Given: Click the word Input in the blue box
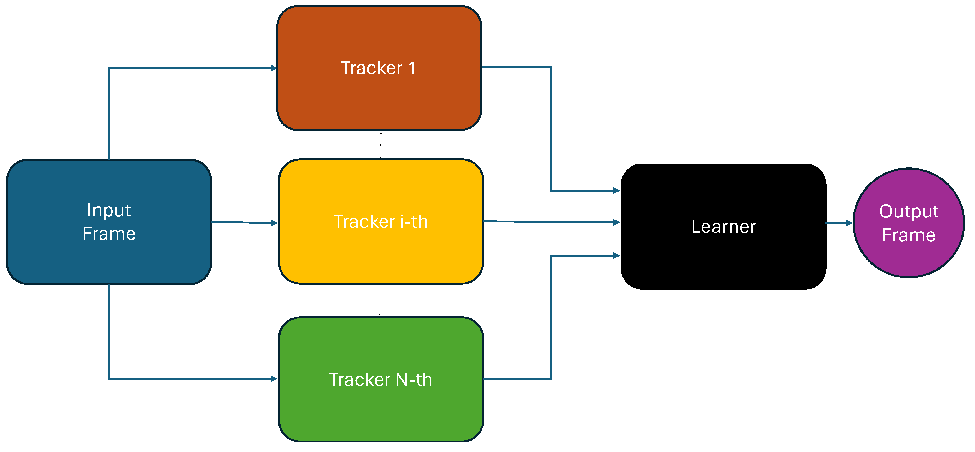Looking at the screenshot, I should coord(109,210).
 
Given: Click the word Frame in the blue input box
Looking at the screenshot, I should coord(109,234).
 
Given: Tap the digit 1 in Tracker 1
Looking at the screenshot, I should coord(412,69).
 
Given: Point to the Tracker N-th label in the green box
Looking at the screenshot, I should coord(380,380).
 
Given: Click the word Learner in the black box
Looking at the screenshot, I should coord(723,227).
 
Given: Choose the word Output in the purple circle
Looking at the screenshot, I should coord(909,212).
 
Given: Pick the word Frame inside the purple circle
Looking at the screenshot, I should coord(909,235).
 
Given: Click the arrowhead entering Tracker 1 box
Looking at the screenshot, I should coord(274,68).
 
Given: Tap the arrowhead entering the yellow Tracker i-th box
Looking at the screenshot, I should coord(274,223).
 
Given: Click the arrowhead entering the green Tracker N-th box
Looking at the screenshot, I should coord(274,379).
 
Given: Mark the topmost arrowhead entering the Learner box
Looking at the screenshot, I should coord(616,191).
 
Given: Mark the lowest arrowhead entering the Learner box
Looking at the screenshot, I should coord(616,256).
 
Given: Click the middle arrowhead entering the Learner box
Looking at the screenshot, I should coord(616,223).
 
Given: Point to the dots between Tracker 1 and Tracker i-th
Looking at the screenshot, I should coord(381,145).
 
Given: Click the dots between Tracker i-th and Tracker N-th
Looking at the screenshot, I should coord(379,303).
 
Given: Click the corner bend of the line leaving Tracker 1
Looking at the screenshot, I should coord(551,67).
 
